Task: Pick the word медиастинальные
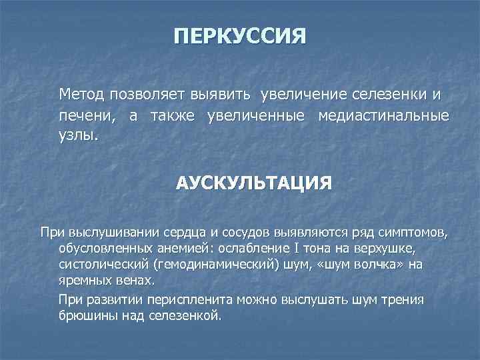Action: (x=393, y=116)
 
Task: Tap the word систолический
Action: (x=99, y=265)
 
